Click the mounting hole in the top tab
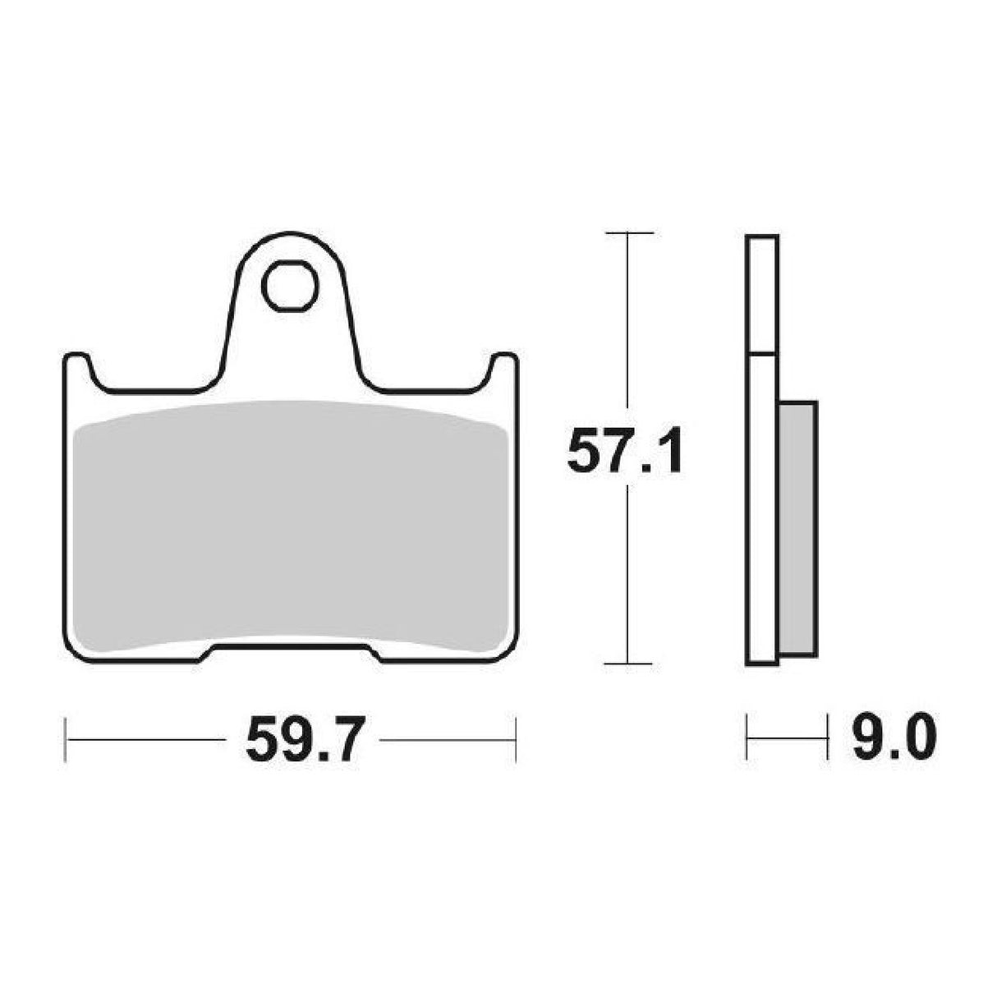289,286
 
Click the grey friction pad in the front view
289,526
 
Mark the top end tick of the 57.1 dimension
628,234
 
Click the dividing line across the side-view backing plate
761,354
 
